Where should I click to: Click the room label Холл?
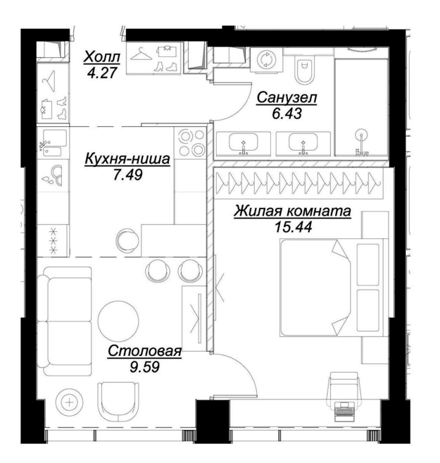tap(102, 57)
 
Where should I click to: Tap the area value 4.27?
tap(102, 73)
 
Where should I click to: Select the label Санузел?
tap(287, 98)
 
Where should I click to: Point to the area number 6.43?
tap(287, 113)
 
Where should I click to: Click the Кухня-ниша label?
tap(127, 159)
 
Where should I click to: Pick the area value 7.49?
tap(128, 175)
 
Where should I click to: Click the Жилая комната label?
tap(293, 211)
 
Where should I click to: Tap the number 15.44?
tap(293, 227)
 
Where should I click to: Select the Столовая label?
tap(144, 352)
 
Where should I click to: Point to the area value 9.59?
tap(145, 367)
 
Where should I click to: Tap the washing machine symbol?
tap(266, 60)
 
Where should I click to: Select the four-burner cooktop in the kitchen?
tap(190, 143)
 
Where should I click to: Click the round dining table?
tap(118, 321)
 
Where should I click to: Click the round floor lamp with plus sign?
tap(70, 402)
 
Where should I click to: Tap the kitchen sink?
tap(53, 144)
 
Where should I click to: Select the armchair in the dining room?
tap(118, 402)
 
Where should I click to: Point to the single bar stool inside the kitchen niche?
tap(127, 240)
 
